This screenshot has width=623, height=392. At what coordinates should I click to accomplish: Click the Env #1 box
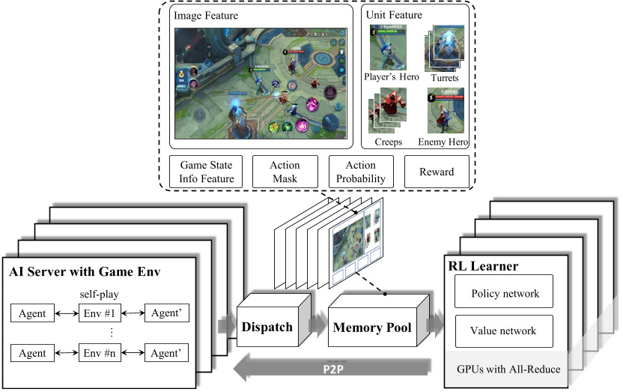click(x=100, y=313)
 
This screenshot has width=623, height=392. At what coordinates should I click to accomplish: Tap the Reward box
click(x=437, y=172)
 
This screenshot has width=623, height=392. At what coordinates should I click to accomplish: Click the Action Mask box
click(x=285, y=172)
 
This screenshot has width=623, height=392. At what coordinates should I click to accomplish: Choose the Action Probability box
click(x=360, y=172)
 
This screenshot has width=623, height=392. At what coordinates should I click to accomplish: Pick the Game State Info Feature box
click(x=202, y=172)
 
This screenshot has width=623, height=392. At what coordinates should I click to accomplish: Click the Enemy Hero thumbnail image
click(x=446, y=110)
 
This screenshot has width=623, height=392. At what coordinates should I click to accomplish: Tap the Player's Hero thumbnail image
click(x=388, y=46)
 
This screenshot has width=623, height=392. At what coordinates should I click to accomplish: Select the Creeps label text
click(x=387, y=141)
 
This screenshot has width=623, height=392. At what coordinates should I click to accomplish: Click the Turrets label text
click(x=445, y=78)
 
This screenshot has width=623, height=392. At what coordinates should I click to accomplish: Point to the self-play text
click(x=100, y=295)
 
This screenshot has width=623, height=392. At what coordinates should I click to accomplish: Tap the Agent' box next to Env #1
click(x=167, y=313)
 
